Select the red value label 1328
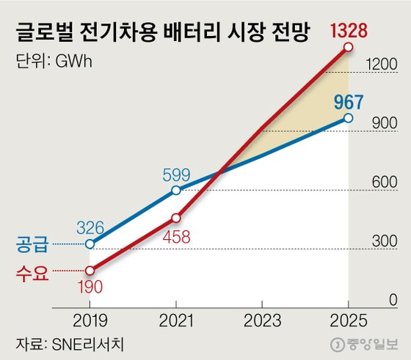tap(349, 32)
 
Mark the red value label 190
tap(90, 287)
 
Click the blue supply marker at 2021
tap(176, 191)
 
